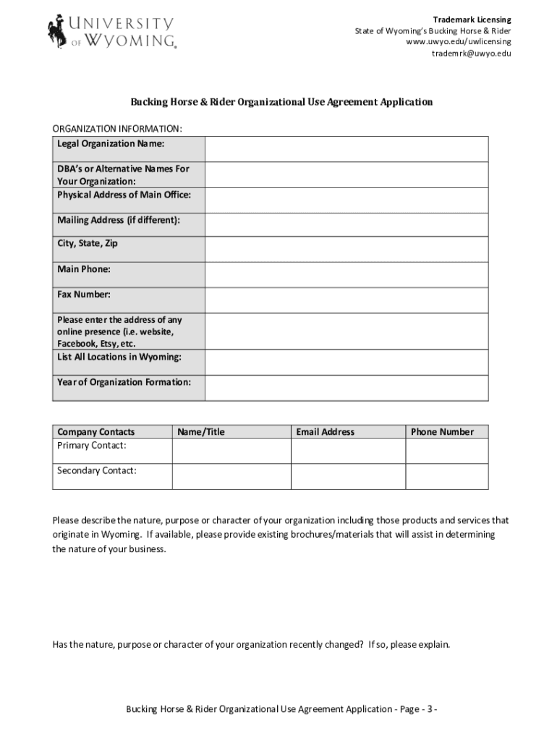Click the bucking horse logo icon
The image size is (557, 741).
click(x=56, y=30)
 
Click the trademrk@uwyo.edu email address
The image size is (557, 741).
click(x=472, y=54)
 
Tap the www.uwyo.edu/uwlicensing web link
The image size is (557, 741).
click(x=459, y=42)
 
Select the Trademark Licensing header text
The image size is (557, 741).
click(x=472, y=19)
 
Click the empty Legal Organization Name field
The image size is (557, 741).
click(x=346, y=149)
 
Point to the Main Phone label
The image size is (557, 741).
click(x=84, y=269)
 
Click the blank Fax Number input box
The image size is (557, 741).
click(x=346, y=300)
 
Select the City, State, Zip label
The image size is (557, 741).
click(x=88, y=244)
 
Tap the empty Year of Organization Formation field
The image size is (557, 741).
click(x=346, y=387)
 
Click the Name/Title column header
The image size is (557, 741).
click(x=201, y=432)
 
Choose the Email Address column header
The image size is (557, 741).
click(x=325, y=432)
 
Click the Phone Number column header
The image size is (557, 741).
click(x=442, y=432)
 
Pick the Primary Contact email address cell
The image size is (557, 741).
click(x=348, y=451)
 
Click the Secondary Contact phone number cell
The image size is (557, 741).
click(x=446, y=476)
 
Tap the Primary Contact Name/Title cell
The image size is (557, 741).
click(x=231, y=451)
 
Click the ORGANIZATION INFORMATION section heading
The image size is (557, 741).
click(x=117, y=129)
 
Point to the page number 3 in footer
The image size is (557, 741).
click(x=430, y=708)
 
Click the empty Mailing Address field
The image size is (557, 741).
click(x=346, y=224)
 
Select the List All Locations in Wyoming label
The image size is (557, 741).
click(x=119, y=357)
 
